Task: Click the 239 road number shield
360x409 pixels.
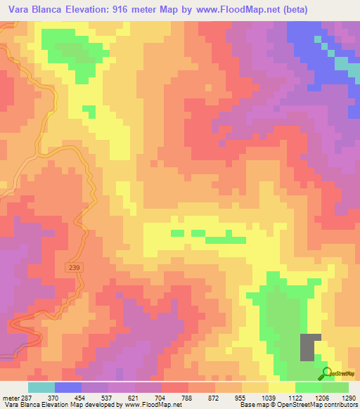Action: [x=75, y=268]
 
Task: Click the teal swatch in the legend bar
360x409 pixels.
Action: [x=41, y=387]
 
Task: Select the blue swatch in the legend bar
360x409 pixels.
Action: [x=68, y=387]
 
